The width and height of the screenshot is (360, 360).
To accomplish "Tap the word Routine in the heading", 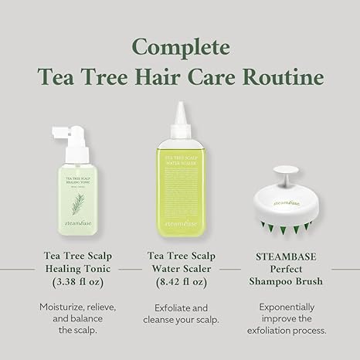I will coord(292,78).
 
